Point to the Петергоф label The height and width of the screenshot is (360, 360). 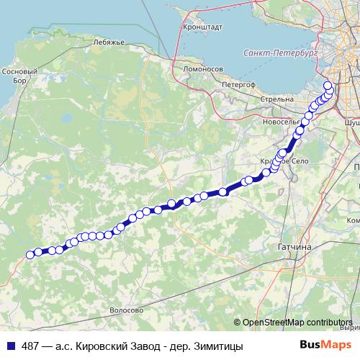click(239, 84)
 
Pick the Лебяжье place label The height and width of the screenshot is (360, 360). click(109, 42)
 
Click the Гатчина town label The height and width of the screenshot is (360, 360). click(293, 247)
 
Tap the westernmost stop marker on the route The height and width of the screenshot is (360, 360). click(30, 254)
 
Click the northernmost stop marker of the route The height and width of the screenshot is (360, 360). click(328, 86)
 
